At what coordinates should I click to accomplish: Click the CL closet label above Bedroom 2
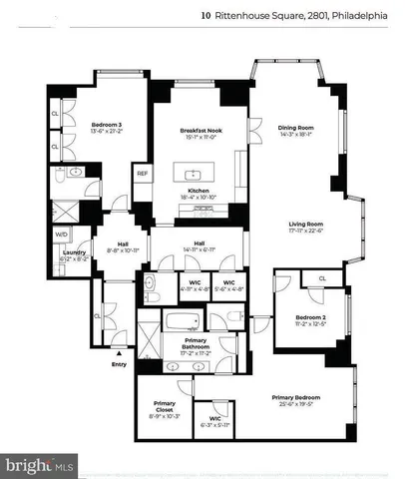(321, 277)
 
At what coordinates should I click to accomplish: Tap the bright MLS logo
(40, 465)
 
